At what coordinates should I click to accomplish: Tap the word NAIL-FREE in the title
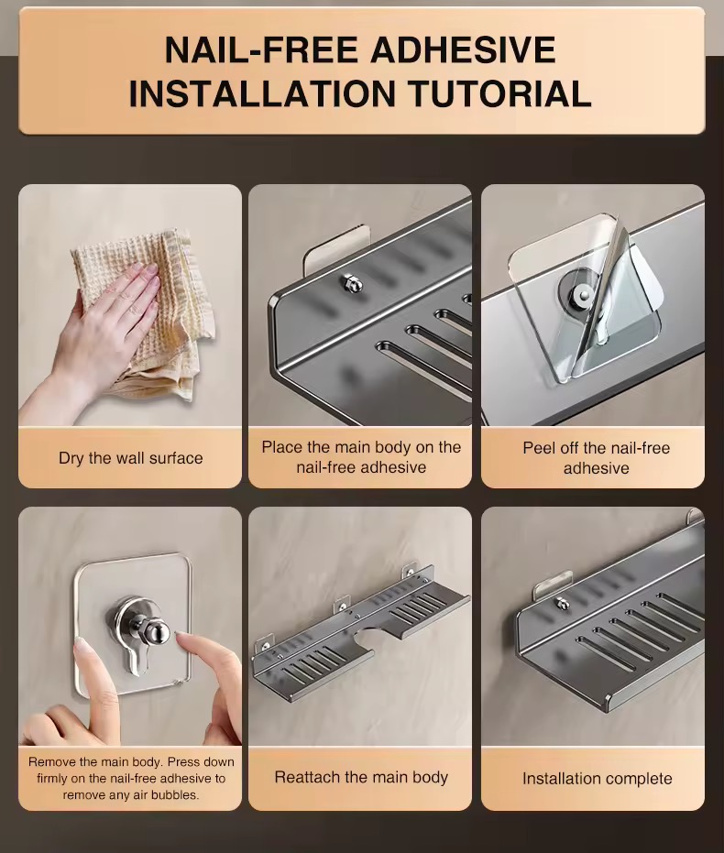(x=261, y=50)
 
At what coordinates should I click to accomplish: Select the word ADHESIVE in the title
(x=464, y=50)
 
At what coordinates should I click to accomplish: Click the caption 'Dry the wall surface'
(x=130, y=458)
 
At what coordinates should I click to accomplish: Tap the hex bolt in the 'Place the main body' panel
(x=347, y=282)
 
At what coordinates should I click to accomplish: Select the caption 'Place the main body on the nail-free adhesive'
(x=361, y=457)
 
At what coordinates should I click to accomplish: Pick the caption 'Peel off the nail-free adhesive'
(x=597, y=458)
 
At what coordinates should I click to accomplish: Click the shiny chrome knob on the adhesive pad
(x=158, y=631)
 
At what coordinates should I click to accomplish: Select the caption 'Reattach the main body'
(x=361, y=777)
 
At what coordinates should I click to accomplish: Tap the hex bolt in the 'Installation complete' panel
(x=558, y=603)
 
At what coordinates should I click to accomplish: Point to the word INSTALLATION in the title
(x=261, y=93)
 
